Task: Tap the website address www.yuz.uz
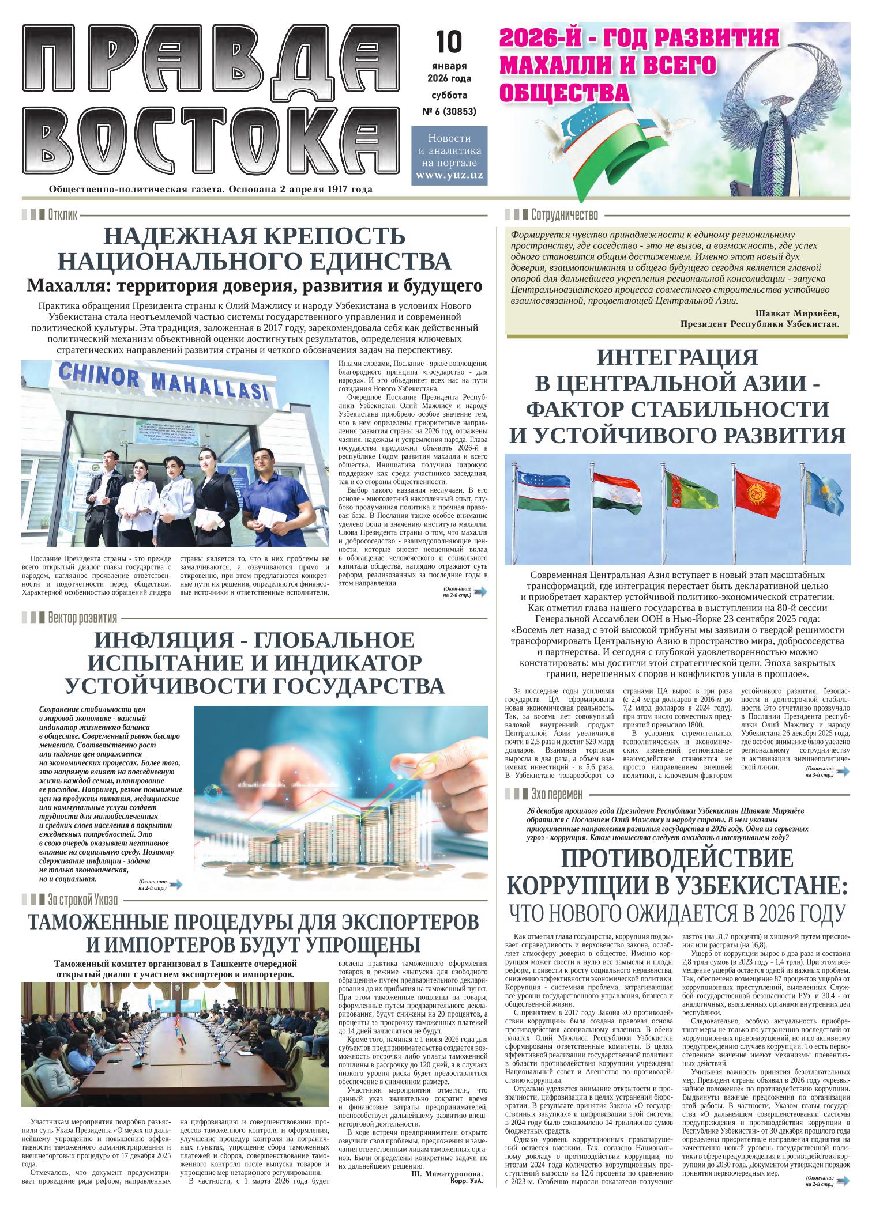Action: (x=449, y=175)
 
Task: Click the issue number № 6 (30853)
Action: (x=449, y=112)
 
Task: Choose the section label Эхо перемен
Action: (x=557, y=794)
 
